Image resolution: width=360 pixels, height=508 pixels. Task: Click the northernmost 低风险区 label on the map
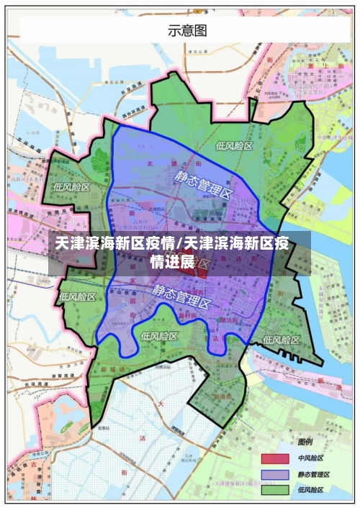tap(235, 145)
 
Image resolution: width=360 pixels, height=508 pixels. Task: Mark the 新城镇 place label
tap(112, 369)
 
